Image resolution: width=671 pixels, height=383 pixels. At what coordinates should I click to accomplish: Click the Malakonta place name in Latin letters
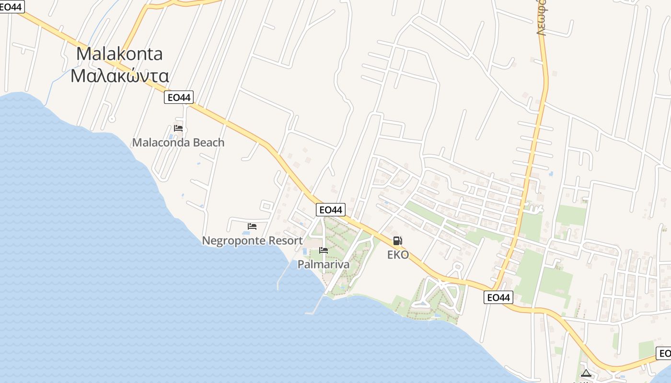(x=119, y=54)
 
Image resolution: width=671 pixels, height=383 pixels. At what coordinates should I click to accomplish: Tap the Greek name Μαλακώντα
(x=119, y=76)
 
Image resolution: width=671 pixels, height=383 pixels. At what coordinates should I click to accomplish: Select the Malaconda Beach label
(x=178, y=143)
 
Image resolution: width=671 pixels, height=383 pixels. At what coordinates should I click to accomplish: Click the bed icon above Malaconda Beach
(x=178, y=128)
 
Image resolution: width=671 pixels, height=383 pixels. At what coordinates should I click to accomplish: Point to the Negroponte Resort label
(x=252, y=241)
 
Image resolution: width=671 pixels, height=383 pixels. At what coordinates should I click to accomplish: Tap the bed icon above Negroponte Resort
(x=252, y=226)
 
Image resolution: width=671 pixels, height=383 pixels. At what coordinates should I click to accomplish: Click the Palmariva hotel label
(x=324, y=265)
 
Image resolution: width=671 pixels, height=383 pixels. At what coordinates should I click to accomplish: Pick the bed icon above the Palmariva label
(x=324, y=250)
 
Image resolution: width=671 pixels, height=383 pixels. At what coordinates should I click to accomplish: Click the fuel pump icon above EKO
(x=397, y=241)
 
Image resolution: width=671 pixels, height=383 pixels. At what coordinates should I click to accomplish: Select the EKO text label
(x=398, y=255)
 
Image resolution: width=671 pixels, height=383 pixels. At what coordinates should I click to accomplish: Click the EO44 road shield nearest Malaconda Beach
(x=178, y=98)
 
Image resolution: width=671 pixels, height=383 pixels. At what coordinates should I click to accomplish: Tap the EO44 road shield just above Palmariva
(x=331, y=210)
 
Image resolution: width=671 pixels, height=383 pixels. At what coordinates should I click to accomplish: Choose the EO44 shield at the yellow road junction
(x=498, y=297)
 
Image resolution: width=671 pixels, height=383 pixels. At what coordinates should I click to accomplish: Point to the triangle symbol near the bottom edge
(x=585, y=373)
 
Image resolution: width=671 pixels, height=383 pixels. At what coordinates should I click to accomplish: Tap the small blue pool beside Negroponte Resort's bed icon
(x=245, y=233)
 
